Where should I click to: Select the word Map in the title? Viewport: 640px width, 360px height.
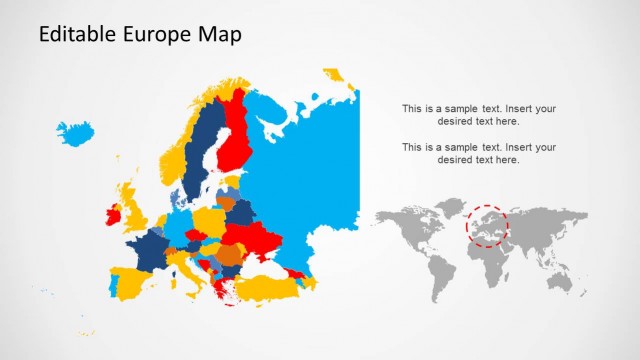(x=219, y=35)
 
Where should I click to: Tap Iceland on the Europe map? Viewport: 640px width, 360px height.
(x=75, y=132)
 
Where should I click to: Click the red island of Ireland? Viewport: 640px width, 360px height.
(x=113, y=213)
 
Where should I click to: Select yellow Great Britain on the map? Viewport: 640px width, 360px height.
(x=132, y=205)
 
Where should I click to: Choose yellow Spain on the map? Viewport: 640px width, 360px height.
(x=125, y=281)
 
